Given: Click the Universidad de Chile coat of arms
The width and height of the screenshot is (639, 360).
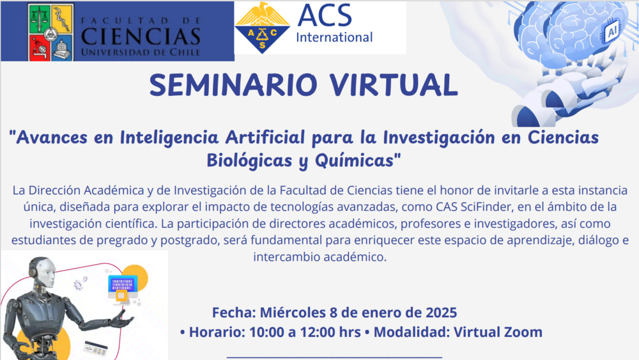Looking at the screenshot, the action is click(x=51, y=33).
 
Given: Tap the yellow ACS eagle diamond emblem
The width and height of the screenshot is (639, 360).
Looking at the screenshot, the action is click(x=263, y=27).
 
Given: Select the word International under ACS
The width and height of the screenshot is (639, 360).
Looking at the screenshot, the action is click(x=334, y=38).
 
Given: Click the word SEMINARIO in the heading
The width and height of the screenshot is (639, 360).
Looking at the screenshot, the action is click(x=233, y=85).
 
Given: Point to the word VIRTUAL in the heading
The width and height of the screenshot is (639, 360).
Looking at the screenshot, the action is click(x=394, y=85).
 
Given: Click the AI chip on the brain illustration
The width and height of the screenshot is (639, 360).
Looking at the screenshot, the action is click(x=612, y=31).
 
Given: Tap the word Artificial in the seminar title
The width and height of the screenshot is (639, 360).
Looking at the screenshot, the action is click(x=265, y=137).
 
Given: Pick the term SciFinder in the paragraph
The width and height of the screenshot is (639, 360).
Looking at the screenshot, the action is click(x=486, y=207).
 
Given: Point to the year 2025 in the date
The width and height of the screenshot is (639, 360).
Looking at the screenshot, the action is click(x=442, y=313).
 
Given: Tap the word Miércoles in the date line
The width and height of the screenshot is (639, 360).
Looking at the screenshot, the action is click(x=293, y=313).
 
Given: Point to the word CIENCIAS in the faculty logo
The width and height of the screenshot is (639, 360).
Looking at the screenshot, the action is click(x=141, y=36).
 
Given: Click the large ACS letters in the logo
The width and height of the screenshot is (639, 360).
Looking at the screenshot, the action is click(x=325, y=15).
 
